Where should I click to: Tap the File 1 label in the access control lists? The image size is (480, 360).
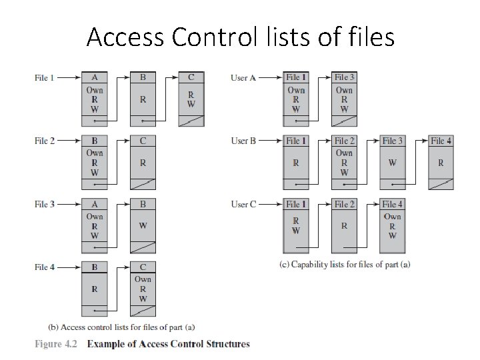point(44,78)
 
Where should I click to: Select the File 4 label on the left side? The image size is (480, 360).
point(44,267)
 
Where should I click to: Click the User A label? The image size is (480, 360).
point(243,78)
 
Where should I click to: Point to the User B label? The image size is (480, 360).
point(243,141)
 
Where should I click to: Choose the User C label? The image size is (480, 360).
point(243,204)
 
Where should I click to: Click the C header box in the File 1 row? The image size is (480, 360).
point(191,77)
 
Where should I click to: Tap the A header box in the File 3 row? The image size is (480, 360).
point(95,204)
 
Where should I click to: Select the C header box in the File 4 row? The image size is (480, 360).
point(143,267)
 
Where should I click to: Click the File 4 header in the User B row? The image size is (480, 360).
point(441,141)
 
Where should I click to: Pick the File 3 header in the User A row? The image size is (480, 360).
point(345,78)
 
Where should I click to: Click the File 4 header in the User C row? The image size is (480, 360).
point(393,204)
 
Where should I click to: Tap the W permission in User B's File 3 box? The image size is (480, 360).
point(393,162)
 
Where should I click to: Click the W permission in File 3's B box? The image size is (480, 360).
point(143,225)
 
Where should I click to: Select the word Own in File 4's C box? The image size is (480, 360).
point(143,279)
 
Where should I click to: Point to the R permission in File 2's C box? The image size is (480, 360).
point(143,162)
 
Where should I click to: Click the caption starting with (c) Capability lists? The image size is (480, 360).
point(344,264)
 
